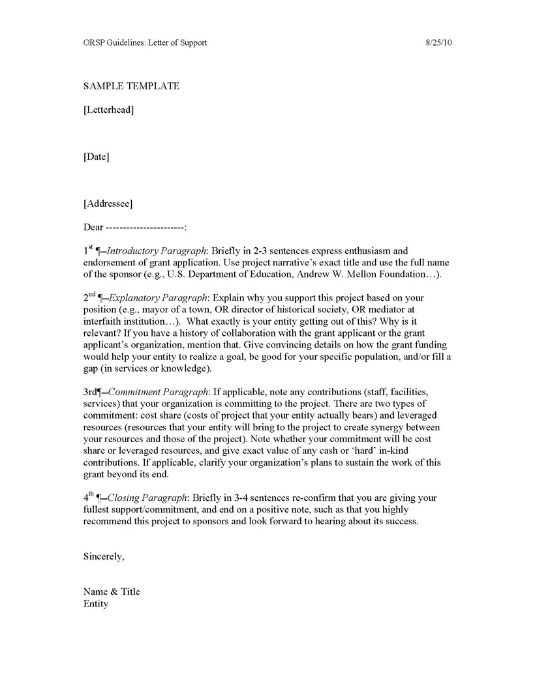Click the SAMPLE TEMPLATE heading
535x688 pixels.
131,86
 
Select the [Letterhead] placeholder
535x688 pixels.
109,110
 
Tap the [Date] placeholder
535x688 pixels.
96,157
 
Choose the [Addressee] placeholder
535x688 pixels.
108,203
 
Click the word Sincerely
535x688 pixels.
103,556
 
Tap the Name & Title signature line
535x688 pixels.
112,591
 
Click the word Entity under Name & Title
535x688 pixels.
96,603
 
